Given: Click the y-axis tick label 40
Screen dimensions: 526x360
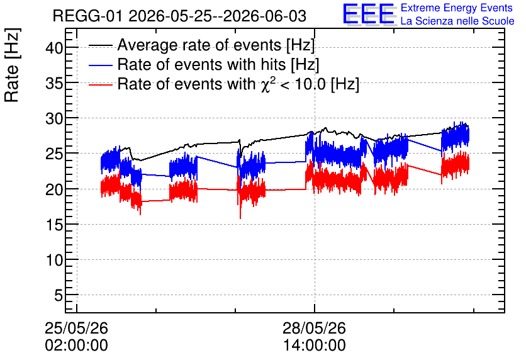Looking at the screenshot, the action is point(54,48).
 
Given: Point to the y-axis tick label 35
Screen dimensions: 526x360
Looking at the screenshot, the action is point(54,83).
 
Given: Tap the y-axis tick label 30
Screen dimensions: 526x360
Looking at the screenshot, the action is point(54,119).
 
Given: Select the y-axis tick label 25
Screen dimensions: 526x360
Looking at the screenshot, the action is point(54,154).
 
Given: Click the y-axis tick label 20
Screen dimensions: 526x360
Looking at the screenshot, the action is point(54,189).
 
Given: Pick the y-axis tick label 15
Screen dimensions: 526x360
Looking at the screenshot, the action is point(54,225).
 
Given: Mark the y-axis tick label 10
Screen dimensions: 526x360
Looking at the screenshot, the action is point(54,260).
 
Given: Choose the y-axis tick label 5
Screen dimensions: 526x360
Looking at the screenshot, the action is point(59,296).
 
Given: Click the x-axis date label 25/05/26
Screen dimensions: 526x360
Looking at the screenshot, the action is point(77,328).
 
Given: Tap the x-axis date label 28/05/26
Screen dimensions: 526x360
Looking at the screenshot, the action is point(314,328).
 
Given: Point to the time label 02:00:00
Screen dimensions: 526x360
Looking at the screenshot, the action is point(77,346).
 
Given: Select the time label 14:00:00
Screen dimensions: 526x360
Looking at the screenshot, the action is point(314,346).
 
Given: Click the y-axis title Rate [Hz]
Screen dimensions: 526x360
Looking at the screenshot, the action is point(12,65).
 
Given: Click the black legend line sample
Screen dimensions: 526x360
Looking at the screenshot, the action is point(100,45).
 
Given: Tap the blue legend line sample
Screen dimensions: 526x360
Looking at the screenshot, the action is point(100,65).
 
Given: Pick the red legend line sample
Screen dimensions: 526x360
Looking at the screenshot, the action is point(100,84).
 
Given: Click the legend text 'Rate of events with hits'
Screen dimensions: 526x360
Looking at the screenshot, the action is point(201,64).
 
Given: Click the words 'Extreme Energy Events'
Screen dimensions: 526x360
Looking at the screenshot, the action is point(457,8).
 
